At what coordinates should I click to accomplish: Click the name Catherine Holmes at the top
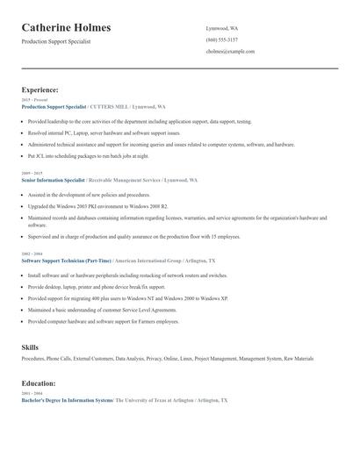72,28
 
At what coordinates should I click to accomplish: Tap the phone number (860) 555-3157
221,40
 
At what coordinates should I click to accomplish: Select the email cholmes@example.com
230,52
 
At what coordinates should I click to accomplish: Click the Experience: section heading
40,89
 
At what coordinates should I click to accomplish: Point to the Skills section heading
30,347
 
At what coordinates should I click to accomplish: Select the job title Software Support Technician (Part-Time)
67,261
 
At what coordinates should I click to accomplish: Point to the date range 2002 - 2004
31,254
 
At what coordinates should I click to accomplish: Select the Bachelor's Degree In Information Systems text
67,400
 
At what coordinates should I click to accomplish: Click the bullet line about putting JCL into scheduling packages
94,155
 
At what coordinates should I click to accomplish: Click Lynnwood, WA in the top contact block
222,28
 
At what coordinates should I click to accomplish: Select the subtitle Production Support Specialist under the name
55,41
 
